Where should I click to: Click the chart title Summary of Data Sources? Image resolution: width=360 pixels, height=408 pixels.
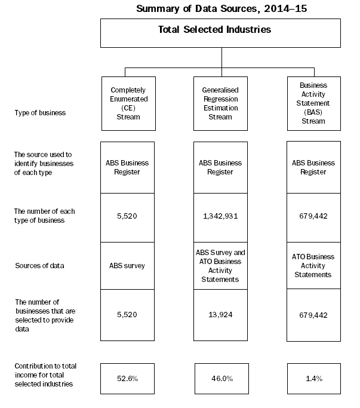(x=221, y=8)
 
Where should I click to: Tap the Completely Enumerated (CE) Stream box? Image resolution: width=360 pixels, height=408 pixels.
(x=128, y=103)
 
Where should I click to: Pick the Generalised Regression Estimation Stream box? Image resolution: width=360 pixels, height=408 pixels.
(x=220, y=103)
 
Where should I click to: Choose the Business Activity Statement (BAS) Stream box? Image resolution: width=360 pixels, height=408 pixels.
(x=313, y=103)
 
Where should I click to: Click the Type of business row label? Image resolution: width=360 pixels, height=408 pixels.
(x=40, y=112)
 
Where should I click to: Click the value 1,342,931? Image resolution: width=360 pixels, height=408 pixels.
(x=220, y=216)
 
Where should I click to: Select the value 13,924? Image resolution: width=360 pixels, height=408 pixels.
(x=220, y=315)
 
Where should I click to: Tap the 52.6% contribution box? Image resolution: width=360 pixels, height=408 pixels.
(x=128, y=378)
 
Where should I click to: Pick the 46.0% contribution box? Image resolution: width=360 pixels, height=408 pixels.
(x=220, y=378)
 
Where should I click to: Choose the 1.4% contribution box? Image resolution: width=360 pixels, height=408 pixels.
(x=313, y=378)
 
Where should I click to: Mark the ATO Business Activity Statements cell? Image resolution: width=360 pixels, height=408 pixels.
(x=313, y=266)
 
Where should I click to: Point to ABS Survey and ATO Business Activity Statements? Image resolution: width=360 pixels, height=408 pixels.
(x=220, y=266)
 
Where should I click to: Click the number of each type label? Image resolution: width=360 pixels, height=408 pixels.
(x=44, y=215)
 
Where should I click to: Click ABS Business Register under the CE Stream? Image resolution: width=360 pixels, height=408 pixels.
(x=128, y=167)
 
